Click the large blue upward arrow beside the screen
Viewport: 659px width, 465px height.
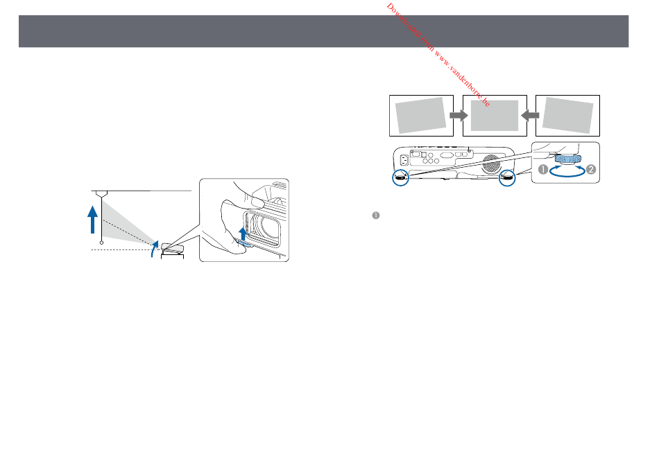(92, 220)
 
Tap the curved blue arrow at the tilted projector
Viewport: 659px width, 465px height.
(155, 249)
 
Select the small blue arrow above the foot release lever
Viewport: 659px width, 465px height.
(243, 234)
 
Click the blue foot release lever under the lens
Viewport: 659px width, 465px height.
(244, 243)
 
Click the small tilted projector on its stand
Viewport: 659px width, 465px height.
(172, 249)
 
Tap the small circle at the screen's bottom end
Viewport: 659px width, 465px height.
(101, 243)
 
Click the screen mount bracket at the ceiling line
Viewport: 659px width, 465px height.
(101, 193)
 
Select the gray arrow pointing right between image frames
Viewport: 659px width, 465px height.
(459, 116)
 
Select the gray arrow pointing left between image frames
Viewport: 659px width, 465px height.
(531, 116)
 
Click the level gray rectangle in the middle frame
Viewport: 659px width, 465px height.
(495, 116)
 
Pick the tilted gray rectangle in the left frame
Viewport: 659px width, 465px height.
(420, 116)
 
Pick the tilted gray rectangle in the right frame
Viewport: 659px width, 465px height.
(568, 116)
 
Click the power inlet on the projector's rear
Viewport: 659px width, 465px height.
(404, 160)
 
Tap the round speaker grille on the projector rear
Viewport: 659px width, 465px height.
(491, 164)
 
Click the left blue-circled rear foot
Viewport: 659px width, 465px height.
(400, 177)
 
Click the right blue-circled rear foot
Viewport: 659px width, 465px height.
(507, 177)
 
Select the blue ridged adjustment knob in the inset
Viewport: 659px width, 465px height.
(568, 159)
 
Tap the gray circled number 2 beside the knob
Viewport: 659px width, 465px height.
(591, 170)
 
